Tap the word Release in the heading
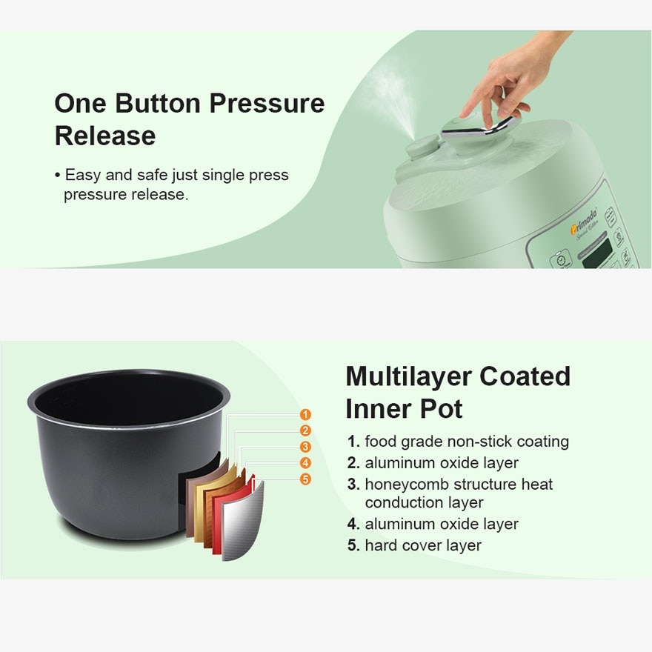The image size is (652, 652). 104,136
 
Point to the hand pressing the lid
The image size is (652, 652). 511,81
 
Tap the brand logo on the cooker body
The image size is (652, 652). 585,230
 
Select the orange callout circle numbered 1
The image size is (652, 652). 305,415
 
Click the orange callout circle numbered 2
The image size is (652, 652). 305,431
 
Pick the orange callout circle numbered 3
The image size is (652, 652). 305,447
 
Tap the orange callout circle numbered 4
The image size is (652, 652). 305,463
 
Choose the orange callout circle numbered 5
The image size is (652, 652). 305,479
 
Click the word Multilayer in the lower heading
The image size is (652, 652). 408,376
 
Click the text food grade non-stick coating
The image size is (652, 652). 466,442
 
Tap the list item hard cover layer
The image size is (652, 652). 422,545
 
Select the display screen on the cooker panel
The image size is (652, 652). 597,255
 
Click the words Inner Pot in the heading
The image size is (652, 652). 404,409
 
